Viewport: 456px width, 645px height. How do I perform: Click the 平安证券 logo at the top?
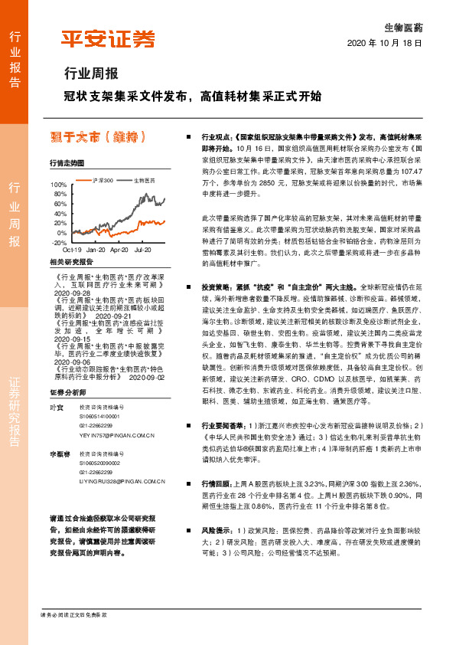[108, 38]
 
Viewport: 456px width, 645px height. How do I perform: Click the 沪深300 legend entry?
[102, 181]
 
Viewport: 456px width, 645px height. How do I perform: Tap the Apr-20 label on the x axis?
[119, 250]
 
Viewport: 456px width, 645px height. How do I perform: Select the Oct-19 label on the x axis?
[72, 250]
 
